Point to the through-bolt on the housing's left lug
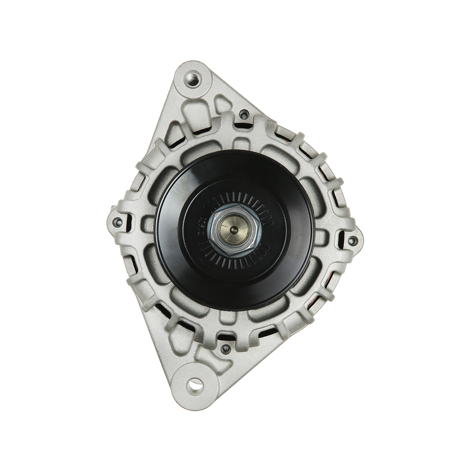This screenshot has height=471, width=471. point(120,221)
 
